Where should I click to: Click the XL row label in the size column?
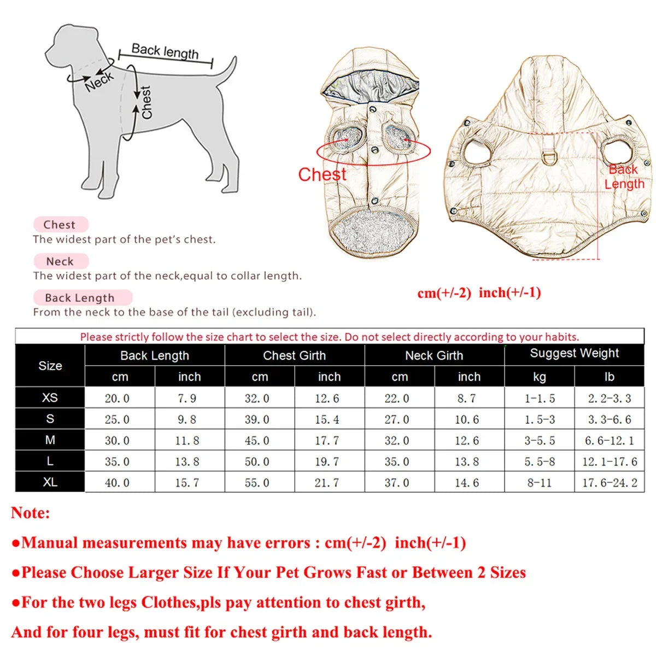pos(50,482)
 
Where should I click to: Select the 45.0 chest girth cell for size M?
pos(257,441)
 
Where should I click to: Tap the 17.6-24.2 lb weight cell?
pos(610,483)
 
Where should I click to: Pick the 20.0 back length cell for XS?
pos(117,399)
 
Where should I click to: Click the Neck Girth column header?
pos(434,355)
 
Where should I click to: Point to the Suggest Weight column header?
pos(574,353)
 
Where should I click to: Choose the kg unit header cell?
pos(539,377)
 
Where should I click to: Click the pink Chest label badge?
pos(60,225)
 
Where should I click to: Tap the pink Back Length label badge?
pos(80,298)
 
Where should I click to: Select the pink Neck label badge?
pos(60,261)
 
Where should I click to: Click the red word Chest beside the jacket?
pos(322,174)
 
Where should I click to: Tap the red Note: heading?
pos(31,513)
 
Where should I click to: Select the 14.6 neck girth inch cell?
pos(467,483)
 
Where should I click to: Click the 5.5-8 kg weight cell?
pos(539,462)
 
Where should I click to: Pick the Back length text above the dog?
pos(165,52)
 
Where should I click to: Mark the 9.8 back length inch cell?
pos(187,420)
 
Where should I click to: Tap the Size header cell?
pos(50,366)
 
